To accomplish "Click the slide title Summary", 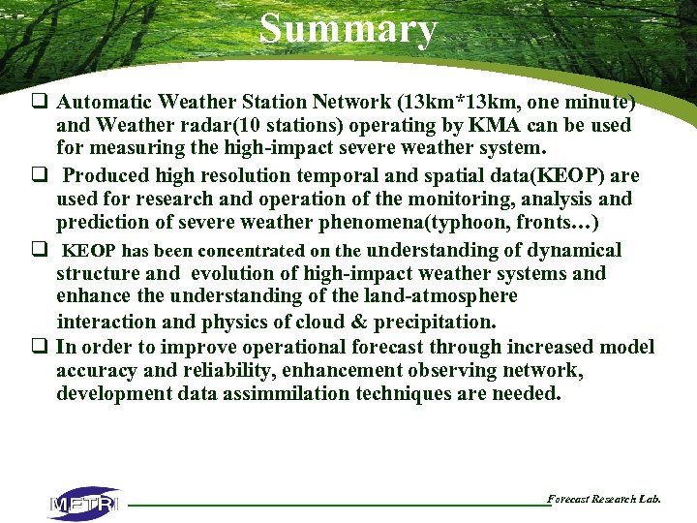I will coord(348,29).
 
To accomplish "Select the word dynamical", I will coord(573,250).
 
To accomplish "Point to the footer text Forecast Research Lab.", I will coord(604,499).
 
